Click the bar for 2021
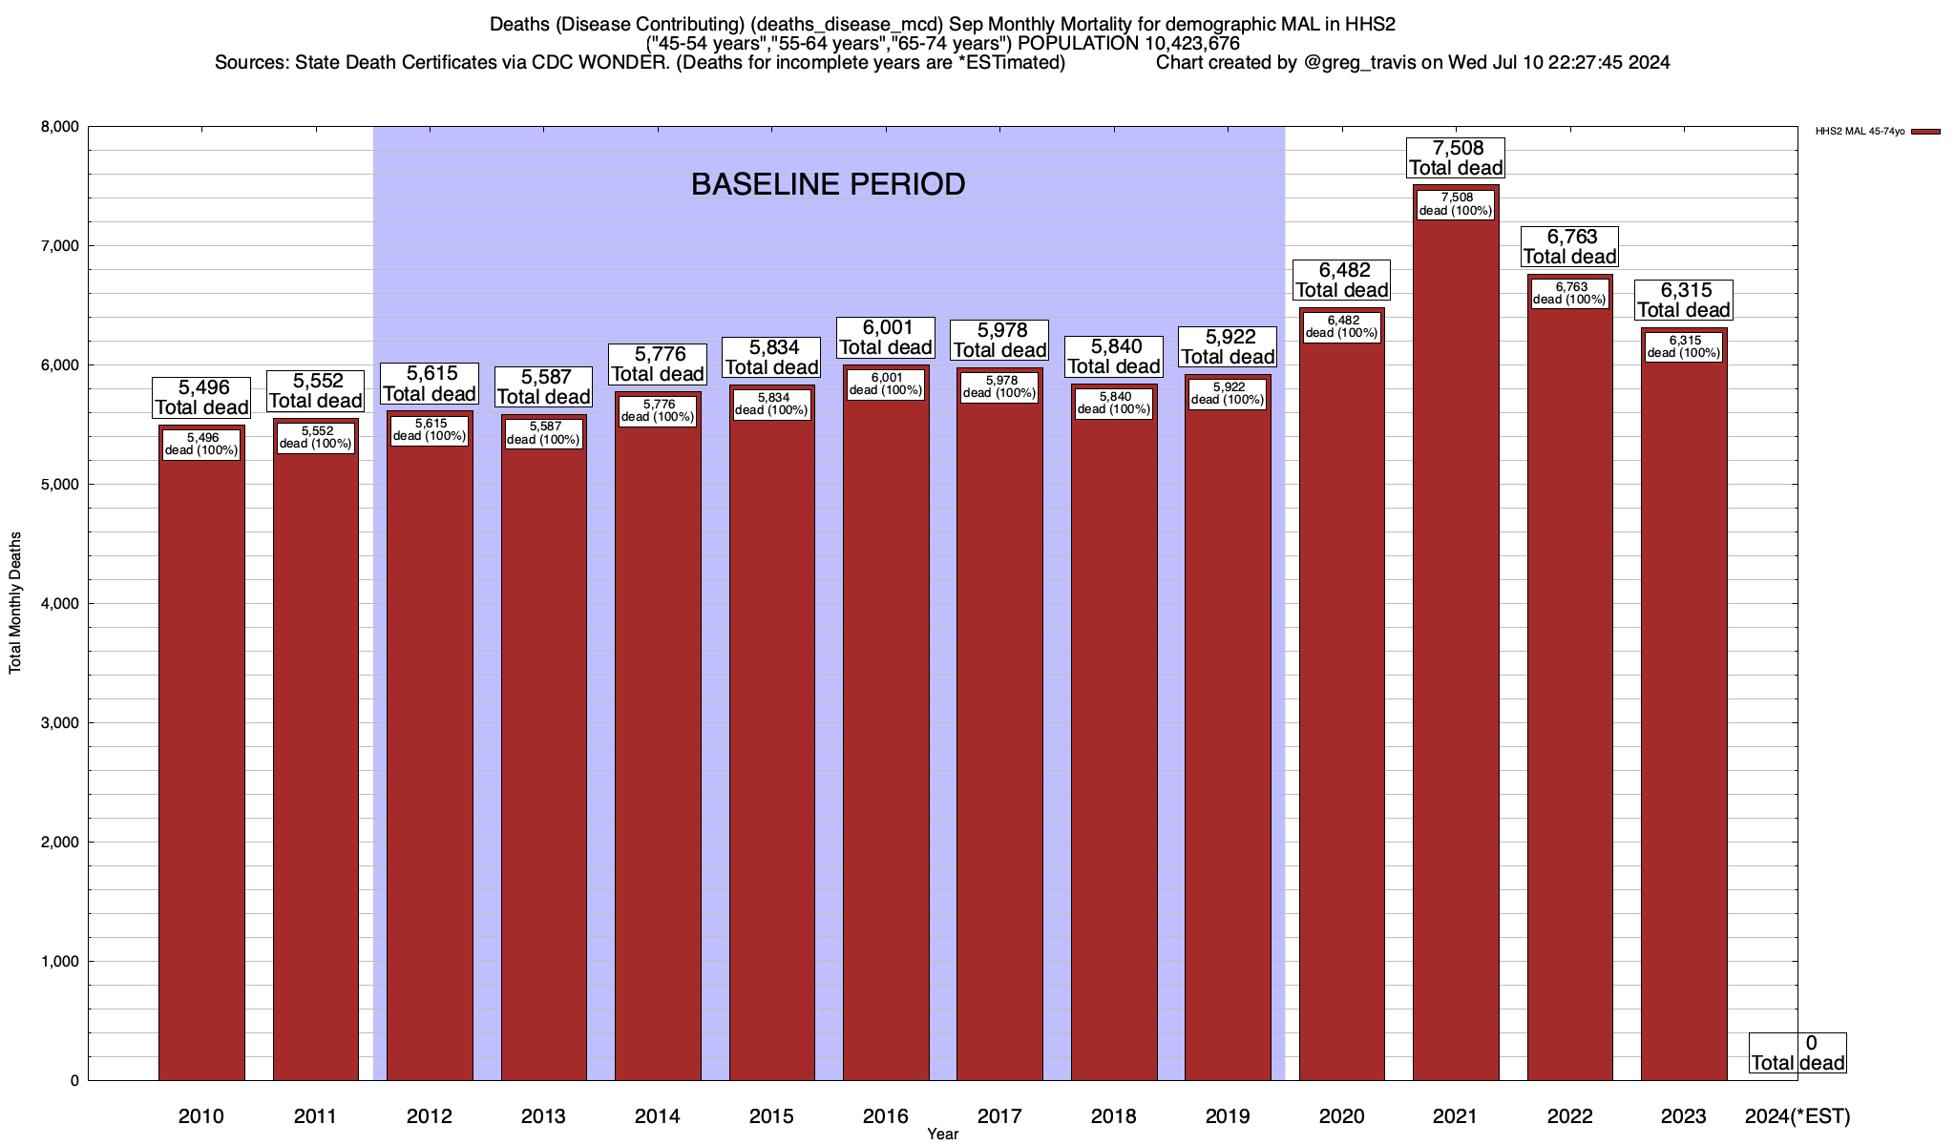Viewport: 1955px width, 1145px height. tap(1455, 668)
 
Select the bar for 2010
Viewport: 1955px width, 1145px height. tap(201, 763)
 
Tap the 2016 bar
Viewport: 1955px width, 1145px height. tap(886, 744)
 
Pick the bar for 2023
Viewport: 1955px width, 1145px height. tap(1684, 725)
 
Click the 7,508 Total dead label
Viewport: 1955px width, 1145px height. tap(1456, 157)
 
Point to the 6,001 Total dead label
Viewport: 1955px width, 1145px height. tap(886, 338)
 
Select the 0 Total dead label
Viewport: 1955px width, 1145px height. tap(1797, 1052)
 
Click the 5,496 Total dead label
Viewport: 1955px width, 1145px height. tap(201, 397)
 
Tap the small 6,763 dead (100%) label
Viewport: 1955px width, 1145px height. tap(1569, 293)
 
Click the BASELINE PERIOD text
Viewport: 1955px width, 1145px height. tap(828, 184)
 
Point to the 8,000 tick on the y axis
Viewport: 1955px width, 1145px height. tap(61, 127)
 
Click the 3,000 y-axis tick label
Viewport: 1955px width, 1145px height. tap(61, 723)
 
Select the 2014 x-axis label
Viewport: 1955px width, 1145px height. tap(658, 1116)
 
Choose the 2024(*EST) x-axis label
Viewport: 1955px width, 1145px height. tap(1797, 1116)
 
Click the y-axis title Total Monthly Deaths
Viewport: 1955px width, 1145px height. tap(15, 603)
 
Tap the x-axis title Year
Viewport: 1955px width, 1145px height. tap(942, 1135)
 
